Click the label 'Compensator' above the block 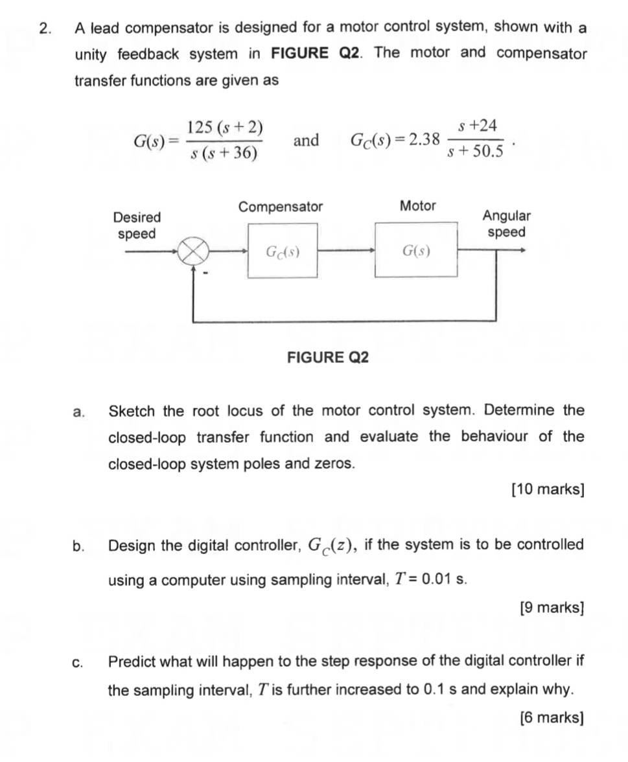pyautogui.click(x=281, y=207)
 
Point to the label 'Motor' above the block pyautogui.click(x=418, y=206)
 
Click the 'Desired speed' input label pyautogui.click(x=136, y=225)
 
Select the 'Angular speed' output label pyautogui.click(x=506, y=224)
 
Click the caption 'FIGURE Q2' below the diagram pyautogui.click(x=328, y=357)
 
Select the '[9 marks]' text pyautogui.click(x=552, y=608)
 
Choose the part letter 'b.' pyautogui.click(x=78, y=546)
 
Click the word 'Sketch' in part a pyautogui.click(x=132, y=411)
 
